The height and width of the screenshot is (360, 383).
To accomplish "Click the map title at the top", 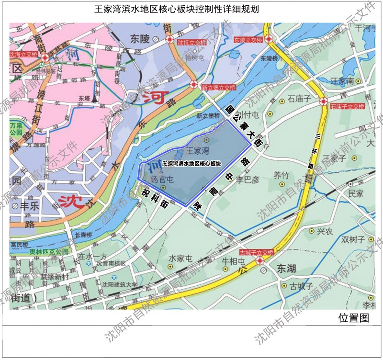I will [x=191, y=9].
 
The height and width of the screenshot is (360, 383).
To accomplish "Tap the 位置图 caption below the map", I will [x=354, y=317].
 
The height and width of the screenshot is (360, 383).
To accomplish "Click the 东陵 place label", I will [x=140, y=38].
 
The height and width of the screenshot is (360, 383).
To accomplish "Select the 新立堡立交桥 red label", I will [x=219, y=88].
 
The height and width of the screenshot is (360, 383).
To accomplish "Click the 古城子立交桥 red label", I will [x=257, y=252].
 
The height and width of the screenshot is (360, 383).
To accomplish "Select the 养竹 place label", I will [x=282, y=175].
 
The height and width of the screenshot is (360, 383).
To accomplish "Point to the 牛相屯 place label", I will [x=234, y=262].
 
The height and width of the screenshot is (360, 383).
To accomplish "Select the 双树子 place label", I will [x=353, y=239].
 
